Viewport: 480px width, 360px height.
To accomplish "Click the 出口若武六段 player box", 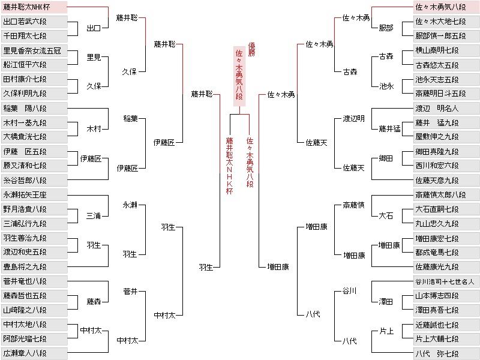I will pos(34,22).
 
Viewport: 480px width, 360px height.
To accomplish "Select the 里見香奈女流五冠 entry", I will pos(34,50).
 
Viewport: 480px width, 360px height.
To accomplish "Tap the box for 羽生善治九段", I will pos(34,238).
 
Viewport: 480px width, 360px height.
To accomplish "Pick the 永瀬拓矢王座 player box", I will pos(34,194).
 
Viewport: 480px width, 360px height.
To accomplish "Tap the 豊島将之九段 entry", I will pos(34,266).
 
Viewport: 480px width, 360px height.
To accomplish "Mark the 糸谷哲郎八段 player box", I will pos(34,180).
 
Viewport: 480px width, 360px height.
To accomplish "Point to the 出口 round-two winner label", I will pos(94,28).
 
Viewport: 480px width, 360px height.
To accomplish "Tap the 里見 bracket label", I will pos(94,57).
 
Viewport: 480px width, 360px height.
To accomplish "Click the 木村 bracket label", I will pos(94,129).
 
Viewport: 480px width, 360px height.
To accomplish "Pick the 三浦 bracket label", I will pos(94,215).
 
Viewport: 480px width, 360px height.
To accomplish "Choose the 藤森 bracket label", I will pos(94,301).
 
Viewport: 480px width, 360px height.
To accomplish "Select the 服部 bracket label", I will pos(386,28).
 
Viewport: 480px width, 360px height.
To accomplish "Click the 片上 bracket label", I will pos(386,331).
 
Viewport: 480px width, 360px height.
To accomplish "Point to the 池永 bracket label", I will pos(386,86).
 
